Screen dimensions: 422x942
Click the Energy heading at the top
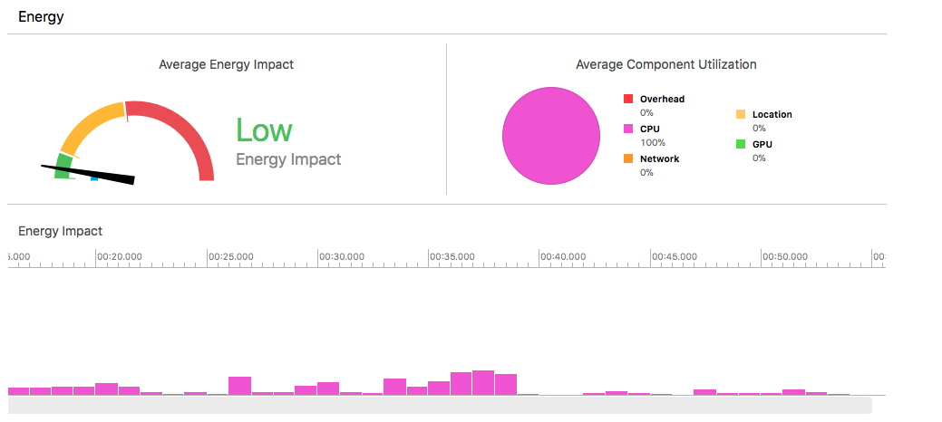click(41, 17)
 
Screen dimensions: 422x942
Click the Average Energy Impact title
click(226, 64)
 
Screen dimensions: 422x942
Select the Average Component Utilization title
click(665, 64)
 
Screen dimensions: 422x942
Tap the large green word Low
click(264, 130)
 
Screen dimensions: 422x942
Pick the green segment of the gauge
click(63, 167)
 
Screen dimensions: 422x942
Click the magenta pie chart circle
click(551, 135)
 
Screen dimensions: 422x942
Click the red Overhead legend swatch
click(627, 99)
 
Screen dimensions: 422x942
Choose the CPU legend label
click(649, 129)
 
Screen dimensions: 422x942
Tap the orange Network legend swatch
click(627, 158)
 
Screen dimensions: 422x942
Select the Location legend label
click(772, 114)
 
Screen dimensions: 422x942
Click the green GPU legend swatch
click(740, 144)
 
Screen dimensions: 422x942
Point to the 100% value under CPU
click(652, 142)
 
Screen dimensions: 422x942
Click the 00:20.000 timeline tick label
click(120, 256)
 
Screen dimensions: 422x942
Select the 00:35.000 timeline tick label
click(452, 256)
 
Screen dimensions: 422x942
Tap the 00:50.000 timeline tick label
click(785, 256)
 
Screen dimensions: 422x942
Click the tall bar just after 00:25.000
click(239, 386)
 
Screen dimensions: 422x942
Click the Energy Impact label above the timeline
click(60, 231)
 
